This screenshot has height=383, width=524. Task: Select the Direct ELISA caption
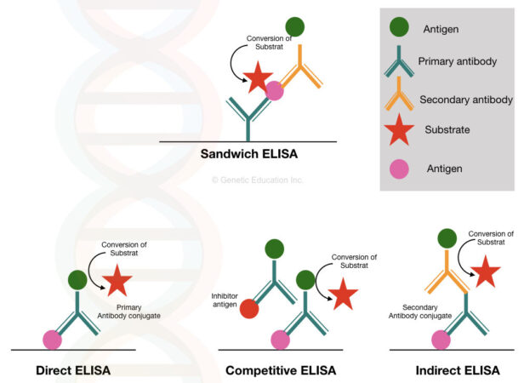point(73,370)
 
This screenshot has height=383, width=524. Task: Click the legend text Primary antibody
point(457,62)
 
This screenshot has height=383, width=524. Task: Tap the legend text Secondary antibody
point(463,100)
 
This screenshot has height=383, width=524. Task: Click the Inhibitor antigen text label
point(227,300)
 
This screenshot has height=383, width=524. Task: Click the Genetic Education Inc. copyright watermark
point(257,180)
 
